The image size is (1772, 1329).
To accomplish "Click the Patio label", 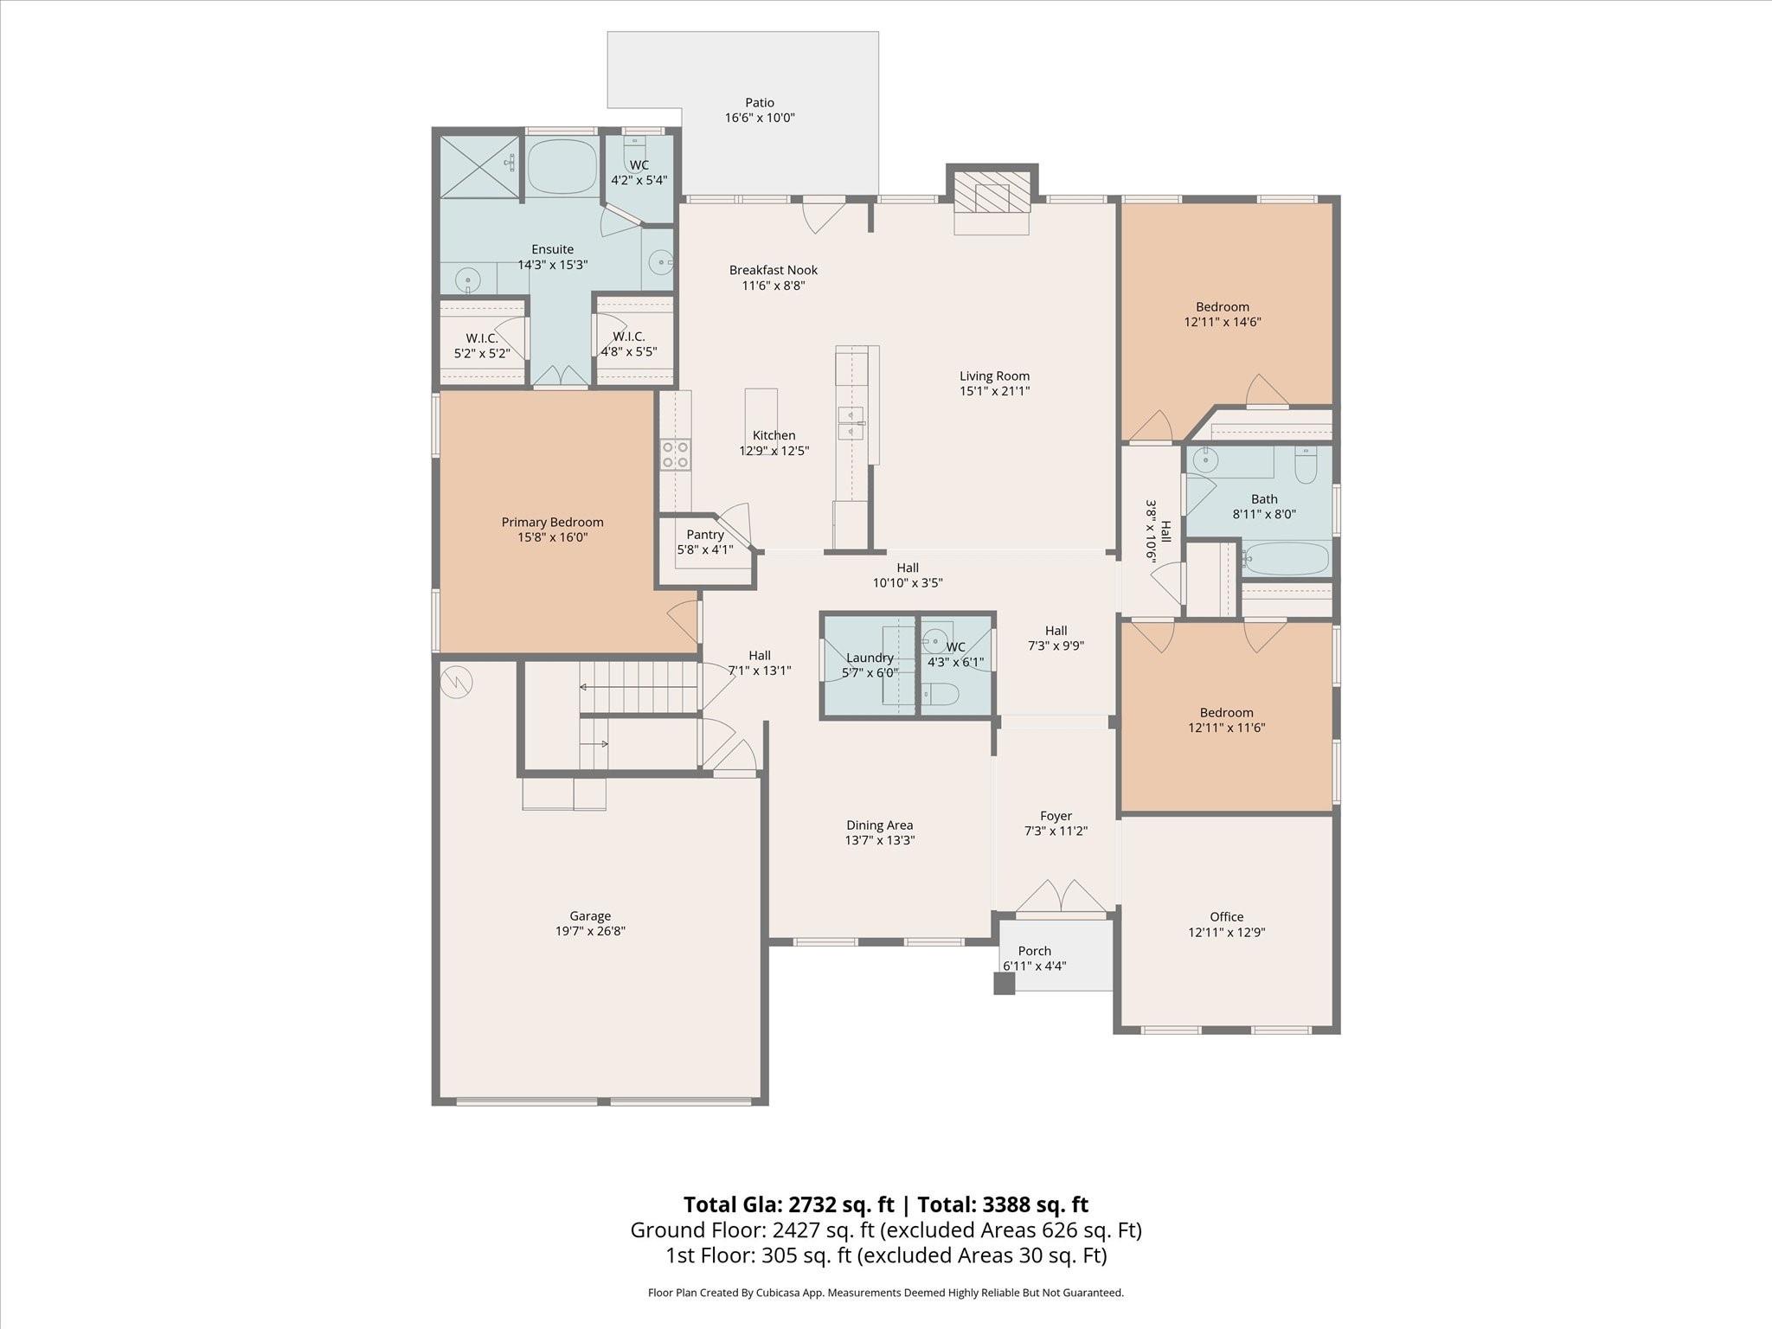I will (760, 103).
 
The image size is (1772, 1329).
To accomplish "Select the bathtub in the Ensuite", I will (562, 166).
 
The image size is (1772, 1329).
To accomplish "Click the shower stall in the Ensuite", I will (479, 166).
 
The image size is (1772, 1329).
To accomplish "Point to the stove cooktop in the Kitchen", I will (675, 454).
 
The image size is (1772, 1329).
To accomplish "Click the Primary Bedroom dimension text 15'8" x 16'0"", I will (552, 537).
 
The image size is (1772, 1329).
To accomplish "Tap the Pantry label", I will (705, 535).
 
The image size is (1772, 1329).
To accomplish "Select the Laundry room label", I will (870, 658).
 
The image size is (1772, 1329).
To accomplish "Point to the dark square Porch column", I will (1004, 983).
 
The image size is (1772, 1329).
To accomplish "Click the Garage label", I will (590, 916).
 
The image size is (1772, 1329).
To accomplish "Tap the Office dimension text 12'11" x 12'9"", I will (1226, 933).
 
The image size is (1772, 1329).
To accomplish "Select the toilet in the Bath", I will (1306, 468).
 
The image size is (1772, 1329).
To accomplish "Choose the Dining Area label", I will (879, 825).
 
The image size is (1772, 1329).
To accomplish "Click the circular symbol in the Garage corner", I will (456, 681).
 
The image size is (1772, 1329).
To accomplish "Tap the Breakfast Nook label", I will (773, 270).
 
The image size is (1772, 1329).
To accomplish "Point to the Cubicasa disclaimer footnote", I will (885, 1293).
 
